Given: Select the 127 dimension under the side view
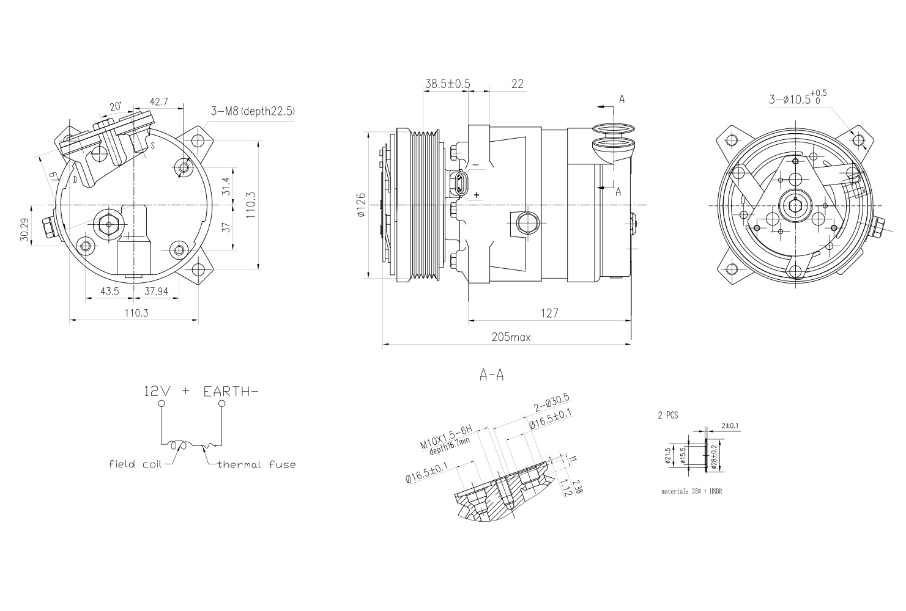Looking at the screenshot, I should [x=549, y=313].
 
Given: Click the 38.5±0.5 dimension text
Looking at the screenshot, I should [x=447, y=84].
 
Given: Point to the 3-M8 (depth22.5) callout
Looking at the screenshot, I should [x=253, y=111].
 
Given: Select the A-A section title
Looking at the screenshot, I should [x=491, y=375].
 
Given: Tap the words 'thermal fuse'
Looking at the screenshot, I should [x=257, y=464].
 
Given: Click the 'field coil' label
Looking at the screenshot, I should [x=135, y=464].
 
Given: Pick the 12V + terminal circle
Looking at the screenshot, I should [x=161, y=404].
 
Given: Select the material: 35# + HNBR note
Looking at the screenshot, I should [x=691, y=491].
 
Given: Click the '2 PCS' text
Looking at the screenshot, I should [x=668, y=415].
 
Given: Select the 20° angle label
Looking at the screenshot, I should [x=115, y=106].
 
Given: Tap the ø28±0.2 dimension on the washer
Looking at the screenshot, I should [x=714, y=456].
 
